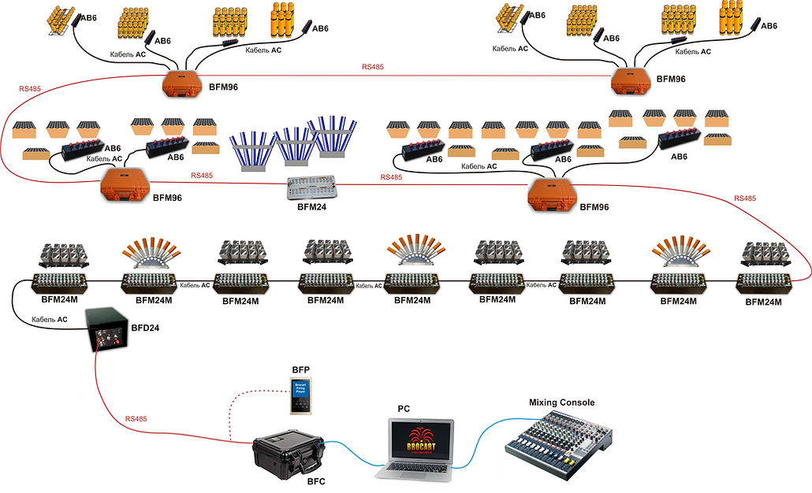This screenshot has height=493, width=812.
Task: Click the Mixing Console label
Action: point(561,402)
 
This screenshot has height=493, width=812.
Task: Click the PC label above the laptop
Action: point(404,409)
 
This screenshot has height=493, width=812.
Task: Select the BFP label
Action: point(300,369)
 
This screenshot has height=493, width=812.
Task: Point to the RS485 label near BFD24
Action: point(136,419)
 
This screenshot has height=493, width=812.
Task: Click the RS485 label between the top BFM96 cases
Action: point(373,68)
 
